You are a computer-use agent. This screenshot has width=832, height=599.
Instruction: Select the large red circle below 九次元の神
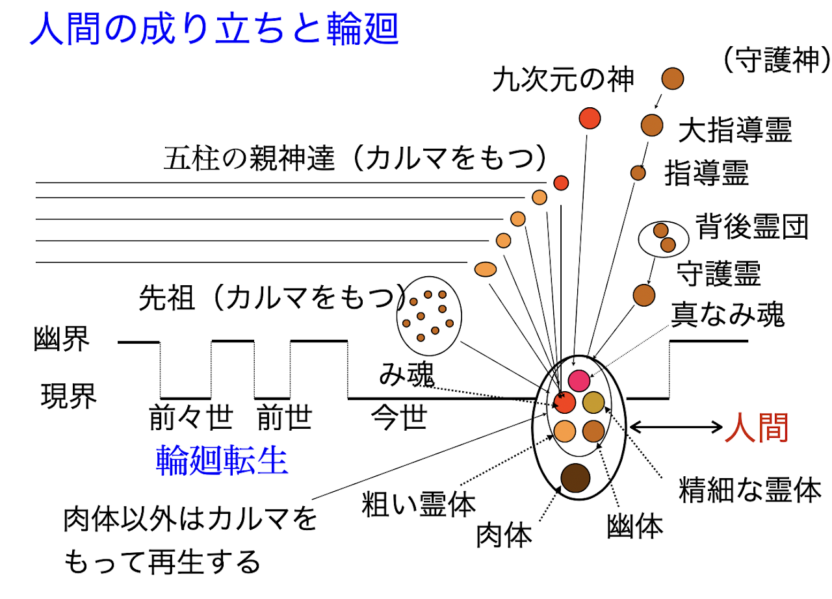tap(590, 118)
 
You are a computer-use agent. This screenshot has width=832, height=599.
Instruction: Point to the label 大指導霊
tap(735, 131)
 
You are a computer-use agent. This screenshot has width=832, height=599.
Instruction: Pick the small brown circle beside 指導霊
tap(638, 173)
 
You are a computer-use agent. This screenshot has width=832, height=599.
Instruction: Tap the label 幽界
tap(62, 340)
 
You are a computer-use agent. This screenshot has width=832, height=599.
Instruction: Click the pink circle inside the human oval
tap(578, 379)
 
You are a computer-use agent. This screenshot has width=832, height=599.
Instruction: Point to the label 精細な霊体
tap(750, 491)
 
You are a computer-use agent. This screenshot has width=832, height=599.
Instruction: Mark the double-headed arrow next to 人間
tap(676, 427)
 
